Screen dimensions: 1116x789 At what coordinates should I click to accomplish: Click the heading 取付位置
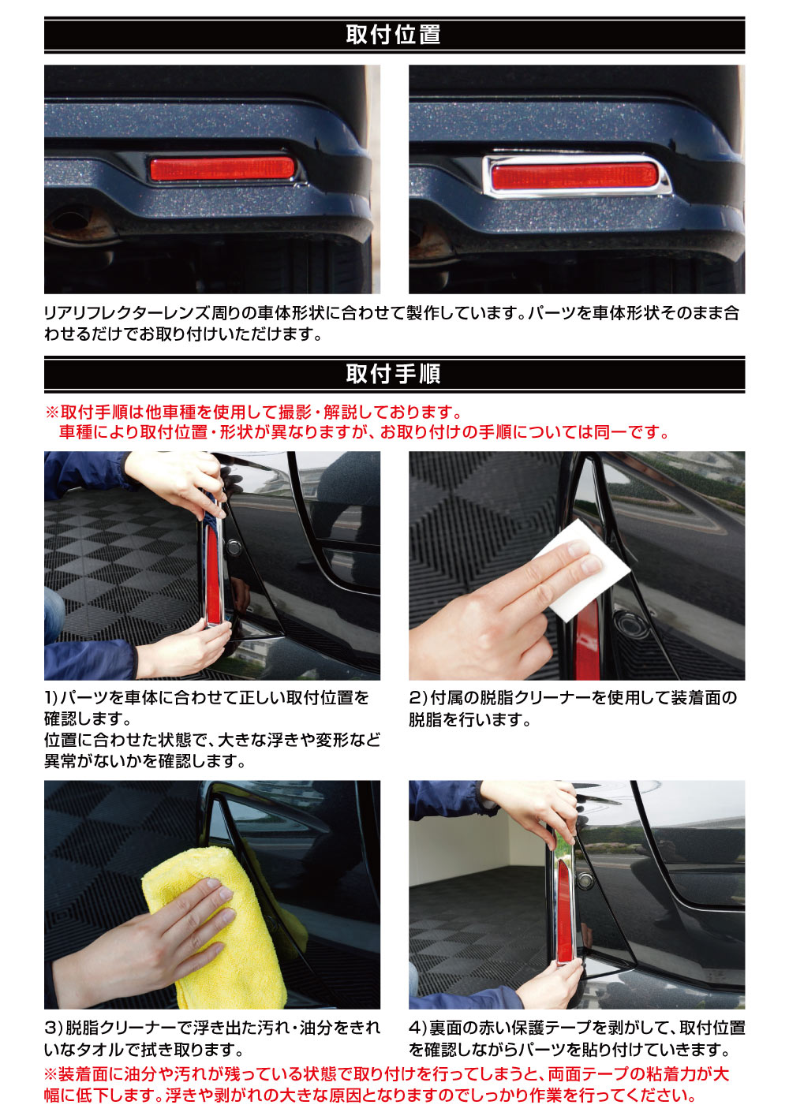(393, 35)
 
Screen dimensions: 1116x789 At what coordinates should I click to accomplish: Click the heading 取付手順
(393, 374)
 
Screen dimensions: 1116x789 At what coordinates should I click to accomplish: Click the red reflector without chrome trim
(222, 169)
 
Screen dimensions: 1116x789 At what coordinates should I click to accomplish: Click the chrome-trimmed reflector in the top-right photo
(575, 175)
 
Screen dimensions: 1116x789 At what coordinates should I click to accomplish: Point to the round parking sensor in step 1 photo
(234, 545)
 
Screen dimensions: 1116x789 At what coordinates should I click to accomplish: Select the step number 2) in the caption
(418, 698)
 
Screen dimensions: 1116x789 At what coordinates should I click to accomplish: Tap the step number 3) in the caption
(53, 1028)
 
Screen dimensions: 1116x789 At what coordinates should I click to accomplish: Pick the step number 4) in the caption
(418, 1028)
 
